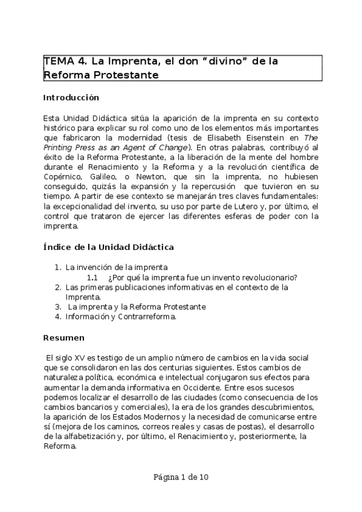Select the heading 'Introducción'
click(x=71, y=97)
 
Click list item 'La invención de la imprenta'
click(x=116, y=267)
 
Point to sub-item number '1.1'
click(x=92, y=277)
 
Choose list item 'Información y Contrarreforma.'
click(x=121, y=316)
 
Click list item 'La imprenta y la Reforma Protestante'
click(x=137, y=306)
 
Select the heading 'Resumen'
click(x=64, y=337)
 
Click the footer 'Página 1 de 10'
click(x=181, y=477)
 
